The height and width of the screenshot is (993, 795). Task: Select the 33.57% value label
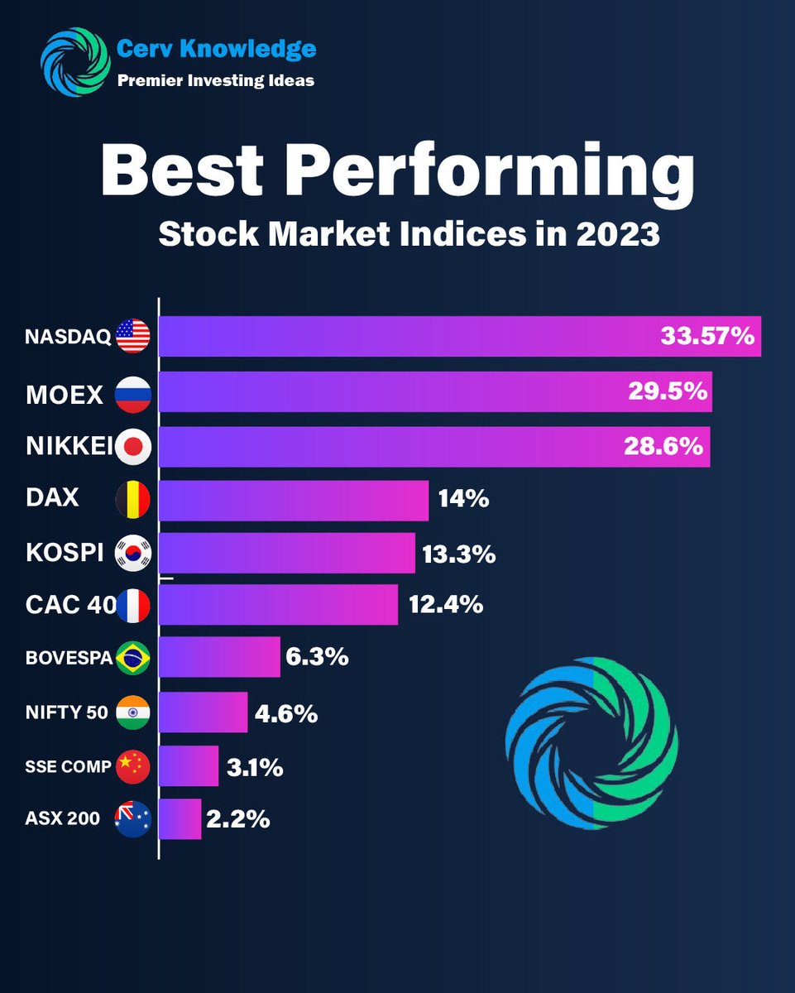(x=707, y=336)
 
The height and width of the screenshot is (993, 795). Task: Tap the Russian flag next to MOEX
(x=133, y=394)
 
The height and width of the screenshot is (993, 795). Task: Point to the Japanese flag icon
(x=133, y=448)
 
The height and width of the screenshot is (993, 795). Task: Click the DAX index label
(x=53, y=498)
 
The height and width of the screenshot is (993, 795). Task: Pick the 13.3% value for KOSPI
(x=459, y=554)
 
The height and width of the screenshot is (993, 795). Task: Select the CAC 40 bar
(x=278, y=605)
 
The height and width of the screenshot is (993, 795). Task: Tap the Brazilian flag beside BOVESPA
(x=133, y=659)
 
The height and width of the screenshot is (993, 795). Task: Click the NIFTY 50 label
(x=67, y=712)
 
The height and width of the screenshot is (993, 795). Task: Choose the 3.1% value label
(x=256, y=767)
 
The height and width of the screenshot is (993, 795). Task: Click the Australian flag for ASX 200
(x=133, y=819)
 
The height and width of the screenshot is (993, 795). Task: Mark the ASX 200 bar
(x=180, y=819)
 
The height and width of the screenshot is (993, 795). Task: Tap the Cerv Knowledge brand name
(x=216, y=50)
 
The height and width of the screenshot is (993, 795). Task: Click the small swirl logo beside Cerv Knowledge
(x=75, y=62)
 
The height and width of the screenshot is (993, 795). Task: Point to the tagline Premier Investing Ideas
(x=215, y=81)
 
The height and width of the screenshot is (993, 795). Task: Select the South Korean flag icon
(x=133, y=554)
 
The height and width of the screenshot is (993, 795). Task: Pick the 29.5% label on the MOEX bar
(x=666, y=391)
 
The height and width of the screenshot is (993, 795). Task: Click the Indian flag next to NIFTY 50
(x=133, y=712)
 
